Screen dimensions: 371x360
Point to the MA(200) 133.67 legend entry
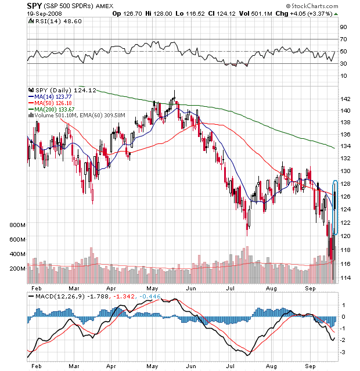click(x=57, y=109)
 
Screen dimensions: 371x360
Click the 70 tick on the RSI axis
click(x=343, y=39)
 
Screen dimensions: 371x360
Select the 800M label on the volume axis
click(x=17, y=224)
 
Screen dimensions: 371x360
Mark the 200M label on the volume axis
click(x=17, y=269)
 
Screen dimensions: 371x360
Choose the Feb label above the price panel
click(x=36, y=287)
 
